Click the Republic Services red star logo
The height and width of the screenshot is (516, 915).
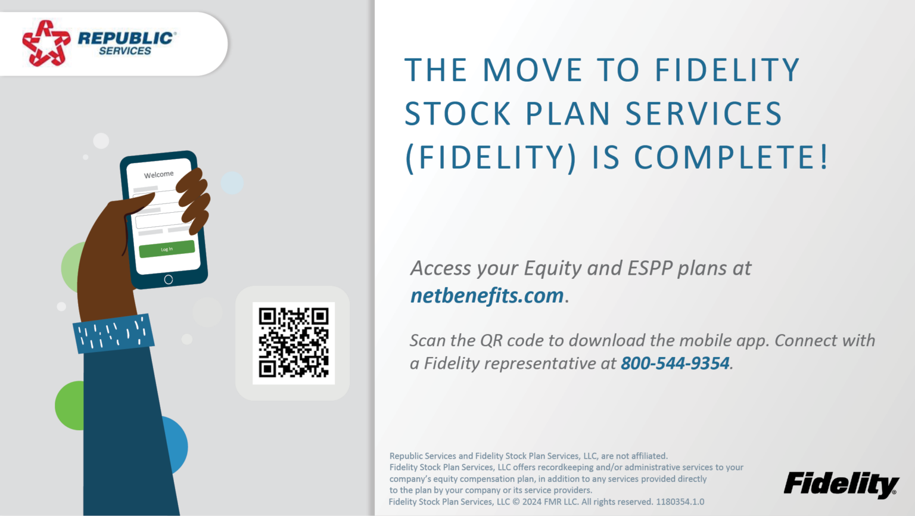pyautogui.click(x=46, y=43)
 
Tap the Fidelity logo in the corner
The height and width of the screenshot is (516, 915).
pyautogui.click(x=841, y=484)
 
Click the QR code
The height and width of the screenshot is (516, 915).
pyautogui.click(x=294, y=343)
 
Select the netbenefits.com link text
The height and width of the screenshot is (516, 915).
pyautogui.click(x=487, y=296)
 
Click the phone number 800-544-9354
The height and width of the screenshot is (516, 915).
pyautogui.click(x=675, y=363)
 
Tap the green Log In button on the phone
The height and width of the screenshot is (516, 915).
pyautogui.click(x=167, y=249)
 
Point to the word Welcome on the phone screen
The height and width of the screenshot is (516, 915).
pyautogui.click(x=158, y=175)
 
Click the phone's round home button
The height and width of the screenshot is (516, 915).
pyautogui.click(x=169, y=279)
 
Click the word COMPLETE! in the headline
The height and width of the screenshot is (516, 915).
pyautogui.click(x=731, y=158)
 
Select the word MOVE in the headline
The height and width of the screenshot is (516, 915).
pyautogui.click(x=532, y=70)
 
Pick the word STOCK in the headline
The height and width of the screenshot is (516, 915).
pyautogui.click(x=457, y=114)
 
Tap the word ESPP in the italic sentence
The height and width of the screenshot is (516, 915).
pyautogui.click(x=649, y=269)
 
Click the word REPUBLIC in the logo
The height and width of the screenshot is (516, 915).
pyautogui.click(x=126, y=38)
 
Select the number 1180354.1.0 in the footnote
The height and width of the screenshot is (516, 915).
pyautogui.click(x=680, y=502)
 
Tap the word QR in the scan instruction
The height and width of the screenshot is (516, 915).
pyautogui.click(x=491, y=341)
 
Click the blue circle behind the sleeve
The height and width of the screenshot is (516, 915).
pyautogui.click(x=176, y=444)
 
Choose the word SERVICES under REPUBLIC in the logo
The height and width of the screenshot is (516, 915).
pyautogui.click(x=125, y=51)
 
